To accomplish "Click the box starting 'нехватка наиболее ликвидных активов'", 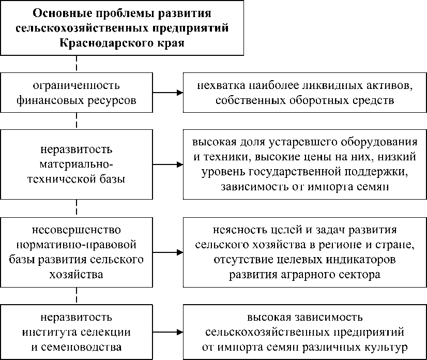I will point(304,93).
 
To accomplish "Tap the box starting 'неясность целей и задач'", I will point(304,252).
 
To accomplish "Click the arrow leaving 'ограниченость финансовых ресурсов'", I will point(168,93).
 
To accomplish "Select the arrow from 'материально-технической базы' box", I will point(168,165).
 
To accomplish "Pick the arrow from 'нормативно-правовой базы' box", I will point(168,252).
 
